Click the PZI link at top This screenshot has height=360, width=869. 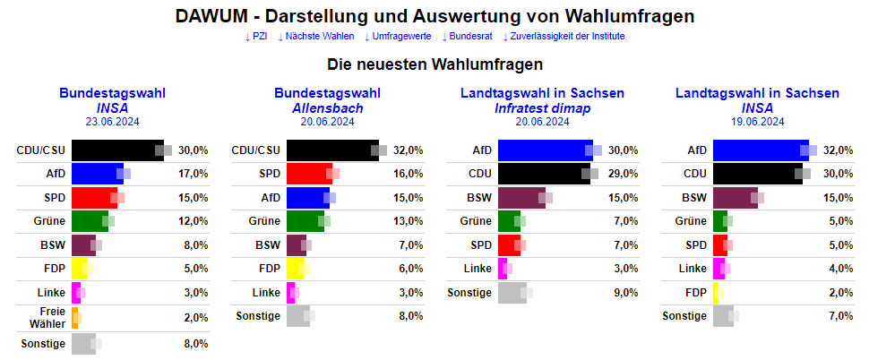pyautogui.click(x=256, y=37)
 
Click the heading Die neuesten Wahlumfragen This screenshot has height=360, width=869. pyautogui.click(x=434, y=65)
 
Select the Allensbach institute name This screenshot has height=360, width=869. pyautogui.click(x=327, y=108)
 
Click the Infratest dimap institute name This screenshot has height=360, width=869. pyautogui.click(x=542, y=108)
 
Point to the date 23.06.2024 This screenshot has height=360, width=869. pyautogui.click(x=112, y=122)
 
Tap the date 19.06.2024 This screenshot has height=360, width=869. pyautogui.click(x=757, y=122)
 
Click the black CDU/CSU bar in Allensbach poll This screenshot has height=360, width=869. pyautogui.click(x=331, y=150)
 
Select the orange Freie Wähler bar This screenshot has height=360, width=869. pyautogui.click(x=75, y=318)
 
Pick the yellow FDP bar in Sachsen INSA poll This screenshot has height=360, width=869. pyautogui.click(x=717, y=292)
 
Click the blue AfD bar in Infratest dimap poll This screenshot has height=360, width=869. pyautogui.click(x=543, y=150)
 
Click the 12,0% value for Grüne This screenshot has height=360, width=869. pyautogui.click(x=194, y=220)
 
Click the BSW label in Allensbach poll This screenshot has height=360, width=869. pyautogui.click(x=268, y=244)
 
